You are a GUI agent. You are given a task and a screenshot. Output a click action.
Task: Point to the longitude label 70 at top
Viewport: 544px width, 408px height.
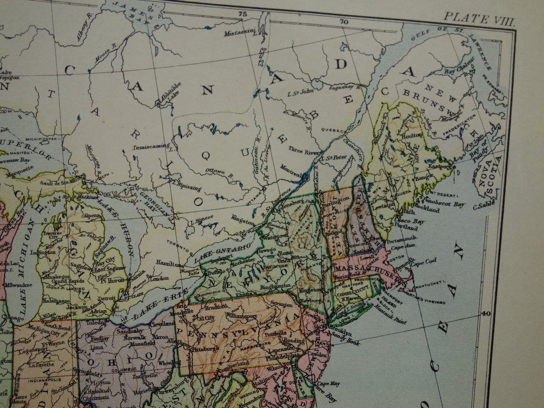[x=344, y=22]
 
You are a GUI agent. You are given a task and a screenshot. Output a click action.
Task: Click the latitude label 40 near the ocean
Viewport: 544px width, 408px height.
[x=486, y=314]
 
